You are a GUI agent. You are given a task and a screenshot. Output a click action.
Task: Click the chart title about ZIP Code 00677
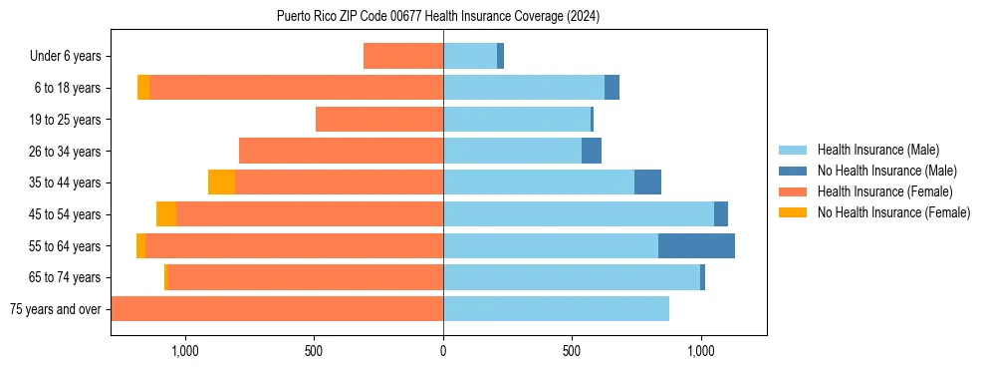[x=438, y=17]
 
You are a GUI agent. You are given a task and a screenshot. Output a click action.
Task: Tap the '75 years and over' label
[x=55, y=309]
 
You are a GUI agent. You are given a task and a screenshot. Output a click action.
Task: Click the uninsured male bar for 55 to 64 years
[x=696, y=245]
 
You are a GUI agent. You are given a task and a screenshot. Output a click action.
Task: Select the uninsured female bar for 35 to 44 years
[x=221, y=183]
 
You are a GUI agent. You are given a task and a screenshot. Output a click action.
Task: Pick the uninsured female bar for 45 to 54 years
[x=166, y=214]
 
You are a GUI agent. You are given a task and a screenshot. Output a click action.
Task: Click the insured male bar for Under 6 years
[x=470, y=57]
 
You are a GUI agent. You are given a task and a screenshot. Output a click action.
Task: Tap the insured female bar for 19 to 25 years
[x=379, y=120]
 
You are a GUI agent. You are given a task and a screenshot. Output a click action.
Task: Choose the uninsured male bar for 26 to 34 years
[x=592, y=152]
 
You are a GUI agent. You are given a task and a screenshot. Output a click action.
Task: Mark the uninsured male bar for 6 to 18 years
[x=612, y=88]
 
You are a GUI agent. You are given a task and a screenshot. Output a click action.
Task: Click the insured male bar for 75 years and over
[x=556, y=309]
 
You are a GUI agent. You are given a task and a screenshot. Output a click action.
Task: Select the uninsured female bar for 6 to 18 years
[x=143, y=88]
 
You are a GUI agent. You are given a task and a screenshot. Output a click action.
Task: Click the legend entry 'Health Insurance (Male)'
[x=877, y=150]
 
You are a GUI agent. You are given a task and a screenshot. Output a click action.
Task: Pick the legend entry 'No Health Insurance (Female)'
[x=893, y=212]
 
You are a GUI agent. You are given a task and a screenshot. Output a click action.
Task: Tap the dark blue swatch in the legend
[x=793, y=171]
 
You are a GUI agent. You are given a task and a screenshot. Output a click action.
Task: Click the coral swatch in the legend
[x=793, y=191]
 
